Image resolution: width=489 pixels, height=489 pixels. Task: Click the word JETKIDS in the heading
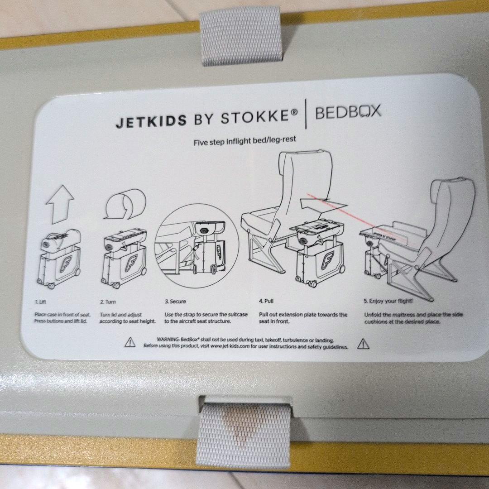(x=151, y=121)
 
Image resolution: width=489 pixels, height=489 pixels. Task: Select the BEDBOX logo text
(x=348, y=112)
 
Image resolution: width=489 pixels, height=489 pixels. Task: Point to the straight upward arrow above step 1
(x=60, y=203)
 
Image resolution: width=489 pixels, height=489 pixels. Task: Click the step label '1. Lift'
(x=41, y=301)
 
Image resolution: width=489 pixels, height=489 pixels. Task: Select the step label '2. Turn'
(x=108, y=301)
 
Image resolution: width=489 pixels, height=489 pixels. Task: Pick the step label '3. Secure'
(x=175, y=301)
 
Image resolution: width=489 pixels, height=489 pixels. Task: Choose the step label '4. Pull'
(x=266, y=301)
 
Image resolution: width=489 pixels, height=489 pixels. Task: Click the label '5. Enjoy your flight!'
(x=388, y=301)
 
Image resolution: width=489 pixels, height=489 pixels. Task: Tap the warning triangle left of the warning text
(x=130, y=342)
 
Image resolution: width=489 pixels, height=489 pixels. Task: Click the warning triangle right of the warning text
(x=363, y=344)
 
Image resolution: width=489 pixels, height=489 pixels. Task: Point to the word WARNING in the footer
(x=167, y=339)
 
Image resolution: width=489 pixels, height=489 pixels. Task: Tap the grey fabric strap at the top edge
(x=240, y=35)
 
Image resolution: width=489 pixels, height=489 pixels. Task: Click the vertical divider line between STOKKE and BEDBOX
(x=307, y=115)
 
